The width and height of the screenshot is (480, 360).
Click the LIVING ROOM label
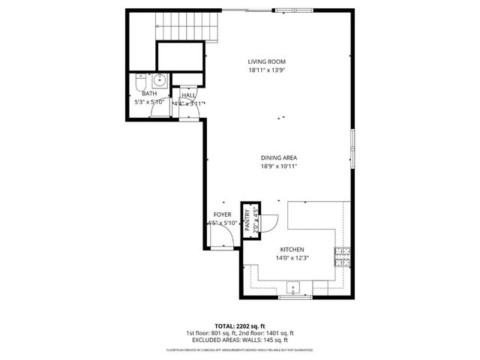[x=267, y=61]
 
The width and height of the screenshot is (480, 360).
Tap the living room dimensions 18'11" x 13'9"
[x=267, y=70]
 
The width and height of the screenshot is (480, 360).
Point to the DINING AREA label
[x=279, y=157]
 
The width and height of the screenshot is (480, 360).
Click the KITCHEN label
[x=292, y=250]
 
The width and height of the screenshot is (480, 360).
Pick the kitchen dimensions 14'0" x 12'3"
[x=292, y=258]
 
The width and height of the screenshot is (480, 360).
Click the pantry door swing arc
[x=270, y=222]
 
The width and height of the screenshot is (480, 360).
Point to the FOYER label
[x=222, y=214]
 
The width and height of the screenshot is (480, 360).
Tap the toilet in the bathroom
[x=140, y=82]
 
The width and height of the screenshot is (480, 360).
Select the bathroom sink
[x=159, y=81]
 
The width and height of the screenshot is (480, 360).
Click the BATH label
[x=149, y=94]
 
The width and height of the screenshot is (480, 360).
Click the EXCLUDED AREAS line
[x=239, y=340]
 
